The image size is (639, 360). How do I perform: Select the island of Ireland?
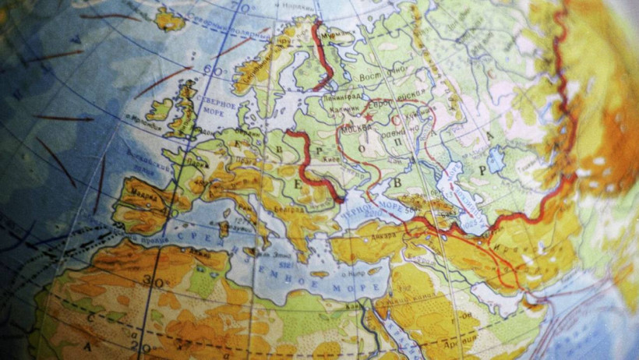click(160, 109)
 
